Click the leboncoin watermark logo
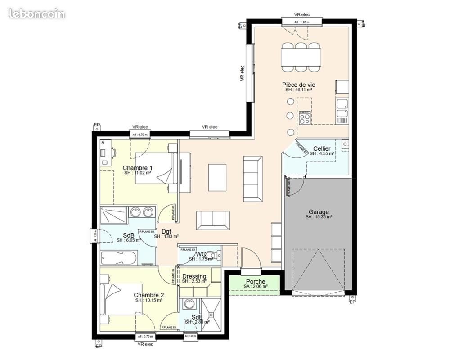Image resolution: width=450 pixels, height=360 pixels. pos(36,13)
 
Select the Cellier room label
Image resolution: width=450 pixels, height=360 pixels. pos(322,148)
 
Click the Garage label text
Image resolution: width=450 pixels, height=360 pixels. pos(319,212)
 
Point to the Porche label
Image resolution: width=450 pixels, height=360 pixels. pos(255,282)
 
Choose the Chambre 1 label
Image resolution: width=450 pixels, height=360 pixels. pos(138,168)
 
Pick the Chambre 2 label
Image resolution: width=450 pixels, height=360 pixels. pos(149,295)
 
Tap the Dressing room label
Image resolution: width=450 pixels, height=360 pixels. pos(194,276)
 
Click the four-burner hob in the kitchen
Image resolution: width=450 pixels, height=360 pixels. pos(304,117)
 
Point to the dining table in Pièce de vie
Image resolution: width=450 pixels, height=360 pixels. pos(301,57)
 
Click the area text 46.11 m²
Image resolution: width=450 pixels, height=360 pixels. pos(302,90)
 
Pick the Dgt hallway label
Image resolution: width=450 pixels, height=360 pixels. pos(166,231)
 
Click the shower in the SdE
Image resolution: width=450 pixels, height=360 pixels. pos(211,315)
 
